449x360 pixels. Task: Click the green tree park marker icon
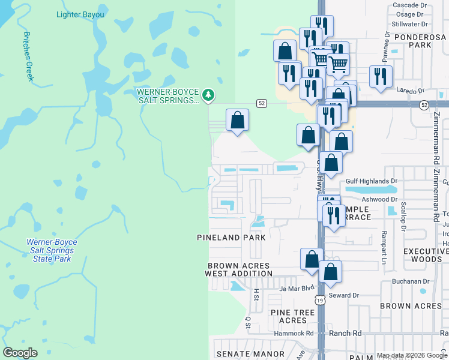[208, 95]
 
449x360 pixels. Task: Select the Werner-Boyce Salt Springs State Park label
[52, 250]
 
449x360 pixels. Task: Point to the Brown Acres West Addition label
[239, 269]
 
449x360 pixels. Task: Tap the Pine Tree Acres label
[292, 316]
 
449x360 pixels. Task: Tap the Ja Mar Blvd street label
[297, 289]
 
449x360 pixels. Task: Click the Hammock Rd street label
[294, 334]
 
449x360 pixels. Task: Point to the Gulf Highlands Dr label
[372, 181]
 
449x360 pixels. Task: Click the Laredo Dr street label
[411, 91]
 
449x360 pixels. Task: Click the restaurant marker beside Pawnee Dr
[381, 76]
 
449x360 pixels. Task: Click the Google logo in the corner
[20, 353]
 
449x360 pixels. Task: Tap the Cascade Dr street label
[409, 5]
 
